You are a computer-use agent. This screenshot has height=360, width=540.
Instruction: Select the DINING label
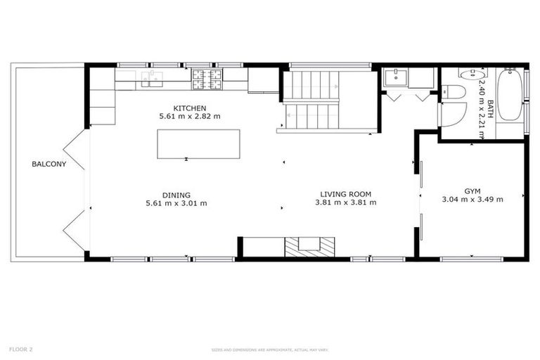click(x=176, y=195)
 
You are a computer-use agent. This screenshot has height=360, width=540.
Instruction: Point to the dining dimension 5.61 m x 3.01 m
click(x=176, y=203)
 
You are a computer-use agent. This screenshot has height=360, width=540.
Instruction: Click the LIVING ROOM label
click(x=345, y=194)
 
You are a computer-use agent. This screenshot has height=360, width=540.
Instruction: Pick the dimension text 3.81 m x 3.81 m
click(x=345, y=202)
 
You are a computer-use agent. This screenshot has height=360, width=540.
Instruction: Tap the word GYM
click(x=472, y=191)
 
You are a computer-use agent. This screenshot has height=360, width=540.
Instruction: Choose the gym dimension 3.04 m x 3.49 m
click(x=472, y=200)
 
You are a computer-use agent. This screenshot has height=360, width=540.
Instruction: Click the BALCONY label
click(x=49, y=165)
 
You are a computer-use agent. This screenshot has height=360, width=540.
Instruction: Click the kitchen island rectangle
click(x=198, y=143)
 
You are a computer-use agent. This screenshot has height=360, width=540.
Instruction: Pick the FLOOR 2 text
click(x=21, y=349)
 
